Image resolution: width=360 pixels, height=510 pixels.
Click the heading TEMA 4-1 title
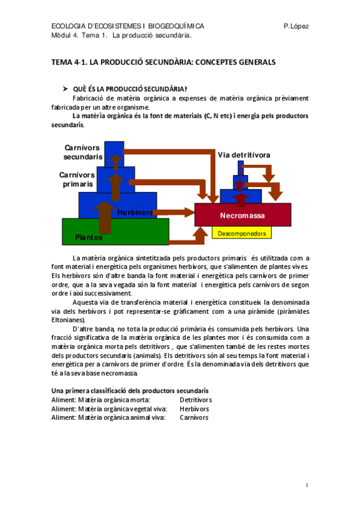tap(163, 62)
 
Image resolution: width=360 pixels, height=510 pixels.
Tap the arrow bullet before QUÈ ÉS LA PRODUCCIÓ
tap(66, 88)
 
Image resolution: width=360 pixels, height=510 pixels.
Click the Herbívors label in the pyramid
tap(135, 213)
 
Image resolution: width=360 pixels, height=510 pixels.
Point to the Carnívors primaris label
tap(76, 179)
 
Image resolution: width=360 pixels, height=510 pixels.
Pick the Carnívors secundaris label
tap(83, 152)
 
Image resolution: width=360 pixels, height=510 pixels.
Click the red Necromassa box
tap(243, 215)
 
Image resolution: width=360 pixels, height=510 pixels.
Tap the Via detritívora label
tap(244, 155)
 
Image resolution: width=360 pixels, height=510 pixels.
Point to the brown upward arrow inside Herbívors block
tap(105, 217)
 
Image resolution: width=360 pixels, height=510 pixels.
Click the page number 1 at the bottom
tap(307, 485)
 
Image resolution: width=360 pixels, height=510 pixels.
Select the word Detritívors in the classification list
tap(196, 400)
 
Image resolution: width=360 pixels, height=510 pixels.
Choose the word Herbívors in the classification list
tap(194, 408)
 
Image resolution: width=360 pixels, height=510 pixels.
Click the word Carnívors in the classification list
tap(194, 417)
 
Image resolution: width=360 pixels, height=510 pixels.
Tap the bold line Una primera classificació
tap(130, 391)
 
